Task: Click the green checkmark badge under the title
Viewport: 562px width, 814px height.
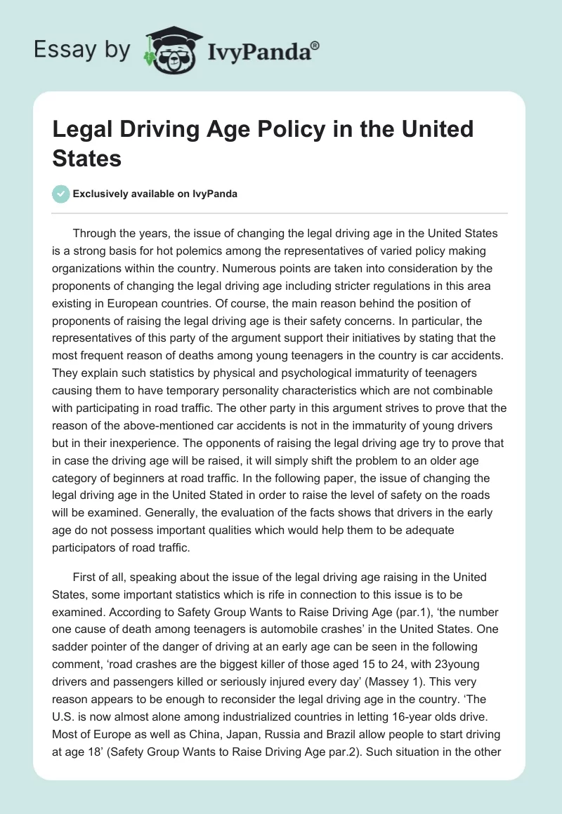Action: [x=60, y=194]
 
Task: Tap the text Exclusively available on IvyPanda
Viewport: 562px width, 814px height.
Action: [x=155, y=194]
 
